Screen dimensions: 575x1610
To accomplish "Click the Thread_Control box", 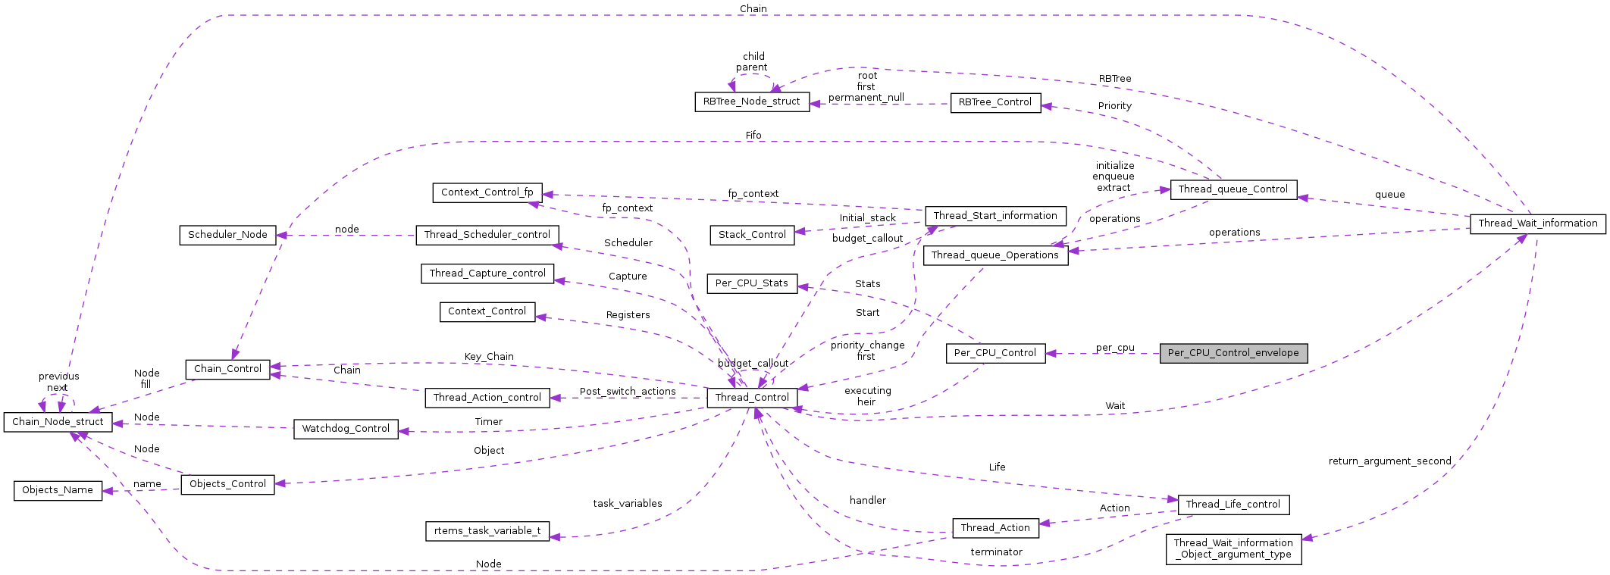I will pyautogui.click(x=752, y=398).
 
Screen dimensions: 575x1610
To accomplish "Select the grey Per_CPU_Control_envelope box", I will pyautogui.click(x=1233, y=353).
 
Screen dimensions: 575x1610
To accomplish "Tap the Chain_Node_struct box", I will pyautogui.click(x=58, y=422).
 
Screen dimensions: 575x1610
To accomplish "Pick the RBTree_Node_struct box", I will pyautogui.click(x=751, y=102).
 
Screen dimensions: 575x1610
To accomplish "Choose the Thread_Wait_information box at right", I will pyautogui.click(x=1537, y=223).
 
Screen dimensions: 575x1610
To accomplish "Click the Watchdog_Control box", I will pyautogui.click(x=346, y=429).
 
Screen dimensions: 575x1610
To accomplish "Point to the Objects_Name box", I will pyautogui.click(x=58, y=490).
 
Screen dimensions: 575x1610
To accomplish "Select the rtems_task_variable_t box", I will pyautogui.click(x=487, y=531).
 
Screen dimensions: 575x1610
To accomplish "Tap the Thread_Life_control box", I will pyautogui.click(x=1233, y=505).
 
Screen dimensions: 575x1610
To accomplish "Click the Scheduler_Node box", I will pyautogui.click(x=227, y=235).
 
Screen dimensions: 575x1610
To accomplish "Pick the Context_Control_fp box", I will pyautogui.click(x=487, y=192).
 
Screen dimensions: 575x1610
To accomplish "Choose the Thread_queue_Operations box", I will pyautogui.click(x=995, y=255).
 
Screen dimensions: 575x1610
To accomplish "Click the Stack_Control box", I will pyautogui.click(x=752, y=235).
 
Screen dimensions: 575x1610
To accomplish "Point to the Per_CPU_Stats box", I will pyautogui.click(x=752, y=283).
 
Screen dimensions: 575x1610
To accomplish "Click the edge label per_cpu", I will pyautogui.click(x=1115, y=348).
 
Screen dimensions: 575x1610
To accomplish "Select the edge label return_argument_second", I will pyautogui.click(x=1389, y=461).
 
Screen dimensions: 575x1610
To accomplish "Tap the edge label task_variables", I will pyautogui.click(x=627, y=504).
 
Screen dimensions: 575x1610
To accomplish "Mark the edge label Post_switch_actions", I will pyautogui.click(x=628, y=392).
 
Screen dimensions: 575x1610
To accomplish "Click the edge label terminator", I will pyautogui.click(x=996, y=552).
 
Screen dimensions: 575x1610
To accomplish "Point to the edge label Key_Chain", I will pyautogui.click(x=489, y=357).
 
